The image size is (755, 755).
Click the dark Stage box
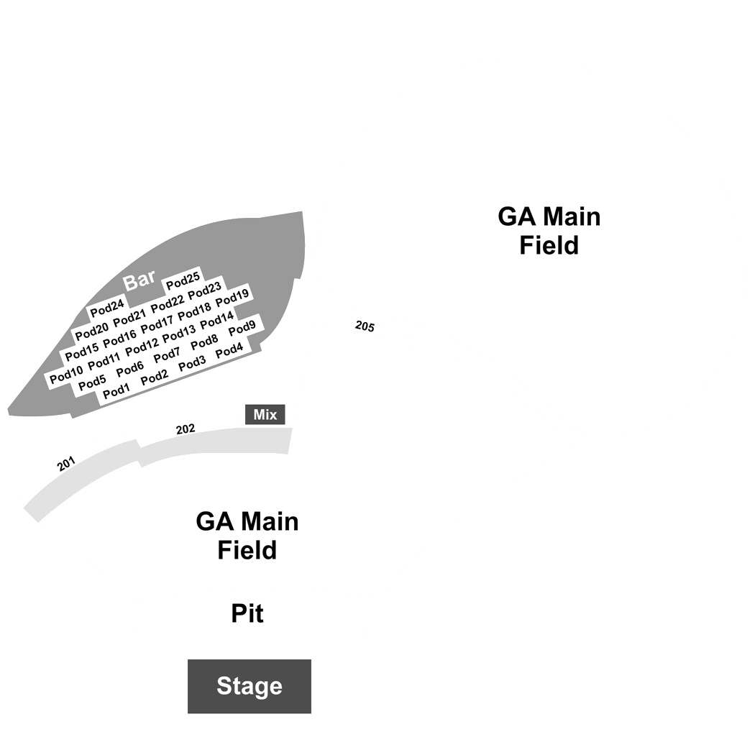click(x=250, y=686)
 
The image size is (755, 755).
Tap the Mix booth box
click(x=265, y=415)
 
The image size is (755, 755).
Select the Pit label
click(x=247, y=613)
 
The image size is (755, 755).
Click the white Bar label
click(x=139, y=280)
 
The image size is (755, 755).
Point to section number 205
click(x=365, y=326)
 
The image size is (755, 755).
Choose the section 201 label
click(x=66, y=464)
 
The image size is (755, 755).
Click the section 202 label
click(x=186, y=429)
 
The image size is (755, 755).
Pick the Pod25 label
click(x=183, y=281)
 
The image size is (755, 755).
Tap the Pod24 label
click(x=107, y=308)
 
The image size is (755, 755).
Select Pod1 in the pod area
click(x=116, y=391)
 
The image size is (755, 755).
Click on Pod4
click(x=229, y=351)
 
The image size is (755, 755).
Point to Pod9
click(x=242, y=329)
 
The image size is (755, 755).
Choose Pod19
click(x=232, y=297)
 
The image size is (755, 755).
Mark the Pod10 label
click(x=66, y=375)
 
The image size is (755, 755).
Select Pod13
click(x=179, y=334)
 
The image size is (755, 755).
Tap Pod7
click(x=167, y=356)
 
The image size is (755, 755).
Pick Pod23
click(x=205, y=290)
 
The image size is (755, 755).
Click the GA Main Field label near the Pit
click(x=247, y=536)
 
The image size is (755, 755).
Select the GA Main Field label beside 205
click(x=549, y=231)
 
